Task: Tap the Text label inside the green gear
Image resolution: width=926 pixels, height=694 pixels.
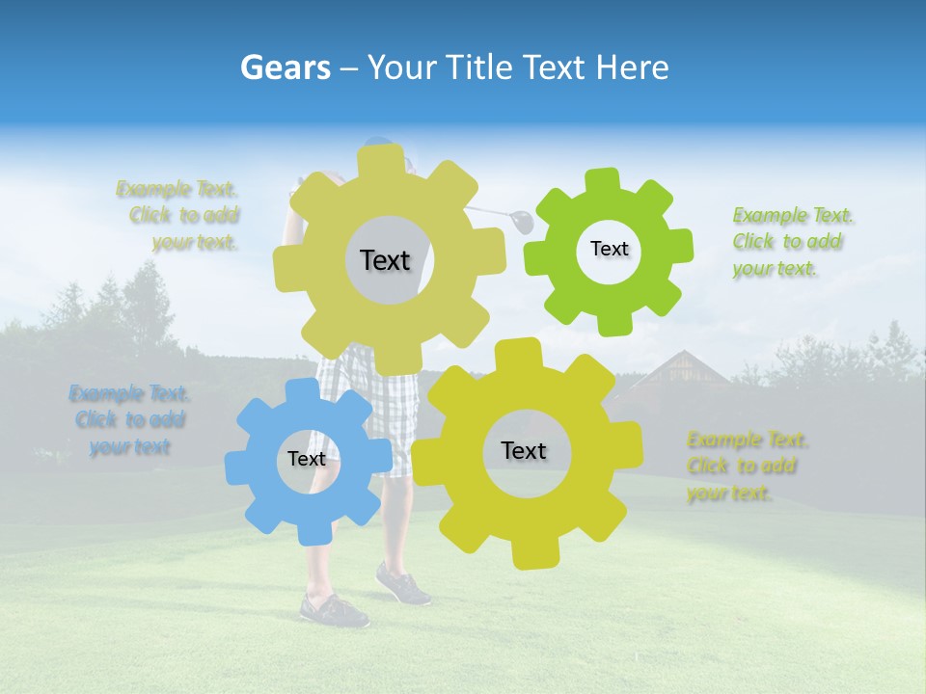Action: tap(609, 249)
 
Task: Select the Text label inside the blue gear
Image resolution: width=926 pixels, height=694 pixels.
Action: tap(307, 459)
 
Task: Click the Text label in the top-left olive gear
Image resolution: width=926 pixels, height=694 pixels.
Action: tap(385, 260)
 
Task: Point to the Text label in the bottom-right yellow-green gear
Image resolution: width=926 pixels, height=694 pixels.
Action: tap(524, 450)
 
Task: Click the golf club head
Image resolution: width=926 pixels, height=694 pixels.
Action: tap(522, 221)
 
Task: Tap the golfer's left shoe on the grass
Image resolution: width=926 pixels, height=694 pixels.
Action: tap(333, 609)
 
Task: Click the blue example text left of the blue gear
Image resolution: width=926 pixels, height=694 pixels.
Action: tap(129, 419)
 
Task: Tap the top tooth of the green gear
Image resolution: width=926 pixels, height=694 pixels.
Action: tap(602, 180)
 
